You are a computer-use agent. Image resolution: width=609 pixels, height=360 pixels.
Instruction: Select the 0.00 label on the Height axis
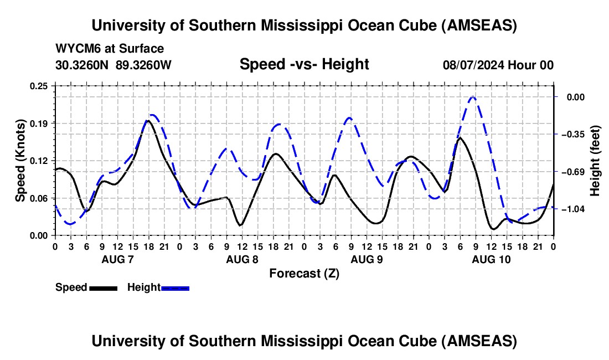click(x=576, y=97)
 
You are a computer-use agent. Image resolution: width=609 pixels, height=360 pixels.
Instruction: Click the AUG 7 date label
click(x=117, y=259)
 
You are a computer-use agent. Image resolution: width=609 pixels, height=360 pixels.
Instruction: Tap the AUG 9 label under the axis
click(x=366, y=259)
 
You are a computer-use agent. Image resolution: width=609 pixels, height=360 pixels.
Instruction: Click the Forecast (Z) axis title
click(x=304, y=273)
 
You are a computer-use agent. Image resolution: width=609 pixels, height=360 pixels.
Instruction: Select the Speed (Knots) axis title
click(x=20, y=160)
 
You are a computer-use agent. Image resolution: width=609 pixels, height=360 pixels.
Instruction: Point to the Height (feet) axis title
click(x=595, y=160)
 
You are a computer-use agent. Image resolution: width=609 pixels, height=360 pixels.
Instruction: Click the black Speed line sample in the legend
click(x=102, y=288)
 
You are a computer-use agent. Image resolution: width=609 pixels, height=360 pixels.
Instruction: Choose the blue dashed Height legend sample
click(x=175, y=288)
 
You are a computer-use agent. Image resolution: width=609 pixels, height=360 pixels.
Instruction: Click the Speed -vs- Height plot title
click(x=304, y=64)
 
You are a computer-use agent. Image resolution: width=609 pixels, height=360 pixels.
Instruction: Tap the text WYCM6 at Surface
click(x=110, y=49)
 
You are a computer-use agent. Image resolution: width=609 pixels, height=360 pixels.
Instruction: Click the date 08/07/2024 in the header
click(x=474, y=65)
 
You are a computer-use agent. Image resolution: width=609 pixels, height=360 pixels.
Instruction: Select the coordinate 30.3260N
click(x=83, y=65)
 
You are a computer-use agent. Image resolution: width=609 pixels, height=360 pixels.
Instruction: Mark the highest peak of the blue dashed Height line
click(x=472, y=97)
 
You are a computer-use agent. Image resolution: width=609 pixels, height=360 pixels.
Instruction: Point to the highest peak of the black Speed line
click(x=148, y=120)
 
